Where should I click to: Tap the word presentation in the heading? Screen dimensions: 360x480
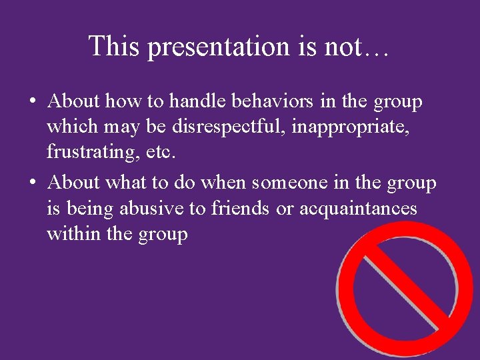coord(219,47)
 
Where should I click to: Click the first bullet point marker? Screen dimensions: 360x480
coord(32,102)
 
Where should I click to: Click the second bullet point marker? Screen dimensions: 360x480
coord(32,183)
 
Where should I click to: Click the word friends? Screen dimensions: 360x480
coord(241,208)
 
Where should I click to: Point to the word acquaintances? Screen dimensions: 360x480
coord(358,208)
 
